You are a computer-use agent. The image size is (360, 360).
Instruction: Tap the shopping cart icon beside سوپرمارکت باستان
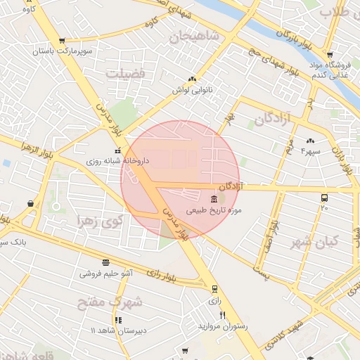63,41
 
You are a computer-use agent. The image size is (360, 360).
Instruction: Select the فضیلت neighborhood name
124,72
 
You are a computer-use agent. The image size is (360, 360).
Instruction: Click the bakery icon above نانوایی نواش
192,79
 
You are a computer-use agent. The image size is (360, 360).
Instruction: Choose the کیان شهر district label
314,240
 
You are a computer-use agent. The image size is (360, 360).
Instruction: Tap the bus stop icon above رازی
214,288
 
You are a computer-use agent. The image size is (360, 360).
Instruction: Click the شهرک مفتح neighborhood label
117,302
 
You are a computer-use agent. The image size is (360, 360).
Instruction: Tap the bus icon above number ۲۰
324,198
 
